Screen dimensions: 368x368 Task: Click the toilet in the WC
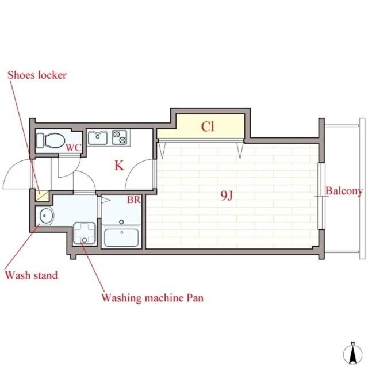point(51,140)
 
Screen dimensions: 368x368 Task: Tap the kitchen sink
point(98,137)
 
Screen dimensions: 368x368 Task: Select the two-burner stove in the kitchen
point(120,137)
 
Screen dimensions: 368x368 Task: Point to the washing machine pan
point(85,233)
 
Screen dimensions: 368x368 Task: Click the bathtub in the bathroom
point(121,237)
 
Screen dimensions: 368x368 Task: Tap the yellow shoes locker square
point(42,196)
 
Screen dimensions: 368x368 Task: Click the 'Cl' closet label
point(208,126)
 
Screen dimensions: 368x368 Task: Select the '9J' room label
point(227,195)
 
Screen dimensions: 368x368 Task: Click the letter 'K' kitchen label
point(119,166)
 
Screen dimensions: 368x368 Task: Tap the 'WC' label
point(74,148)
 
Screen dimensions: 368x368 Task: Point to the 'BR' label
point(134,200)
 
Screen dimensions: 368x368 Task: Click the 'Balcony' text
point(344,191)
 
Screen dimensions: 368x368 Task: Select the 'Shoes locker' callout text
point(37,75)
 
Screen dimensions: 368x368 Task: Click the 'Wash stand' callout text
point(32,275)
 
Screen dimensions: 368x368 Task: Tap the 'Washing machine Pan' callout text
point(152,298)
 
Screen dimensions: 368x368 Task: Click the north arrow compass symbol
point(352,355)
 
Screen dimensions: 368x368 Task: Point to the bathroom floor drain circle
point(121,222)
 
